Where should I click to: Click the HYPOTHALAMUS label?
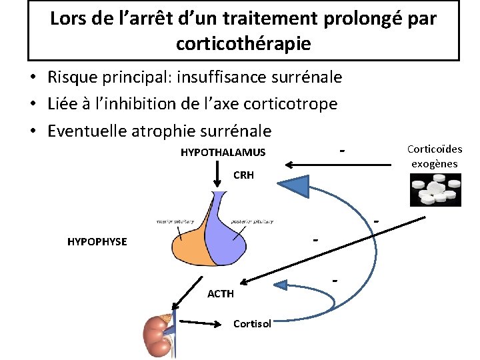223,153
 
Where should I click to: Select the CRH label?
243,176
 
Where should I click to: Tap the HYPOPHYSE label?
97,241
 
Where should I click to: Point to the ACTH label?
221,293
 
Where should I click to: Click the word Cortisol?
252,324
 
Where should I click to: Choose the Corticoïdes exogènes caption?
434,157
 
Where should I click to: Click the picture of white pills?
435,189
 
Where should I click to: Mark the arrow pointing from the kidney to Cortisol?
200,324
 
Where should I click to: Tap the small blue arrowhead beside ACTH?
281,285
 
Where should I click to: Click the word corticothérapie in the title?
243,44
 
